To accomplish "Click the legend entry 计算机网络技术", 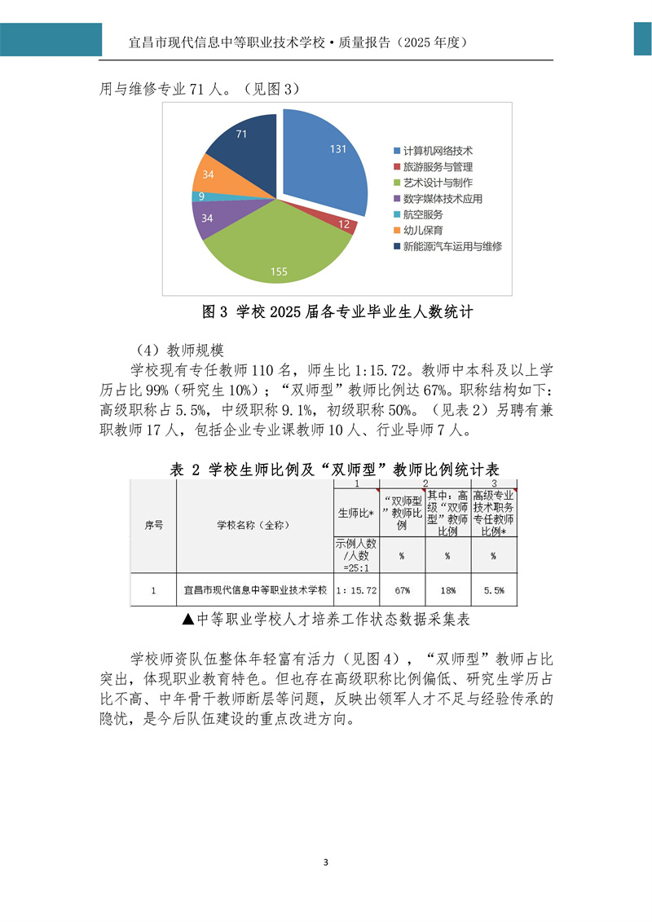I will pos(437,152).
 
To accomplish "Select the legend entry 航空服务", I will pos(422,214).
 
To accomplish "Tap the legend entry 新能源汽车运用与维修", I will pos(452,246).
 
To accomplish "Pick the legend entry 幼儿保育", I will pos(422,231).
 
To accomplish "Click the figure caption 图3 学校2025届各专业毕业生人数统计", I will pos(337,311).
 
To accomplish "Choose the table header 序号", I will pos(154,526).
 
